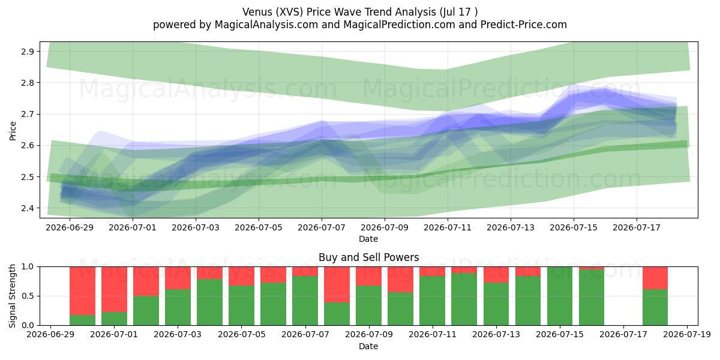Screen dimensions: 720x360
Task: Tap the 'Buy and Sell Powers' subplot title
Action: click(x=368, y=257)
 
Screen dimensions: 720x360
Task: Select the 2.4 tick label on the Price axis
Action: click(x=28, y=208)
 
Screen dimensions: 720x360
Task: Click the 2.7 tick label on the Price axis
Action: click(x=28, y=114)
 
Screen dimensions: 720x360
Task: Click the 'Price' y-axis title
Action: click(x=13, y=131)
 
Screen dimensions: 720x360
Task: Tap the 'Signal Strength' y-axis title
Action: click(x=12, y=296)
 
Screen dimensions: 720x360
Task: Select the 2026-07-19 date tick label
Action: click(x=687, y=335)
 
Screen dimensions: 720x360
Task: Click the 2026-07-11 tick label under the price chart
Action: click(x=448, y=227)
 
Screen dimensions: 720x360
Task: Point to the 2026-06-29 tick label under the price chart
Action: click(x=70, y=227)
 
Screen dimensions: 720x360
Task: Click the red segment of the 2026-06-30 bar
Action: click(x=82, y=290)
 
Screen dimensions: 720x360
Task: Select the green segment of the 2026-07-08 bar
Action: click(x=337, y=314)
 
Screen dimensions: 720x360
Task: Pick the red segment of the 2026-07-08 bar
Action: click(x=337, y=284)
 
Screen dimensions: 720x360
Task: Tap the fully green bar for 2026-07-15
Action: click(x=560, y=296)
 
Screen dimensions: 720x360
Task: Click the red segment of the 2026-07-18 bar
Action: click(x=655, y=278)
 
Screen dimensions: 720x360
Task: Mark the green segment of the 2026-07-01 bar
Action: click(x=114, y=319)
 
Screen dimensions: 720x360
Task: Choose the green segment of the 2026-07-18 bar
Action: click(x=655, y=307)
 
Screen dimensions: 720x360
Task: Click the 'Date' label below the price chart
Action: click(x=368, y=239)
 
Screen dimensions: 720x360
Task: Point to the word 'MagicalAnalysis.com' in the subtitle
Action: click(x=266, y=25)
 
